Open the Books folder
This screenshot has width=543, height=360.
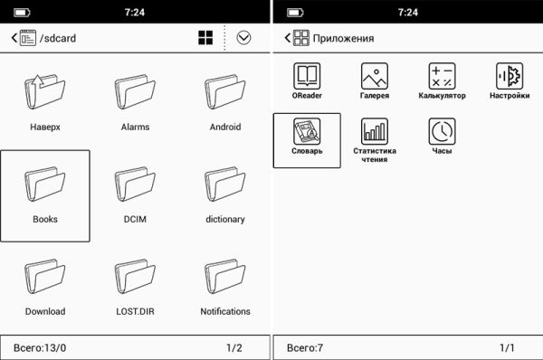coord(44,185)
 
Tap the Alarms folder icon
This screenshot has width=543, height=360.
coord(135,91)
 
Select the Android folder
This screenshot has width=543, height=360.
coord(225,91)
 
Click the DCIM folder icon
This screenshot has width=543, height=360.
coord(135,185)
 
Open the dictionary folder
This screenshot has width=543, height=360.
coord(225,185)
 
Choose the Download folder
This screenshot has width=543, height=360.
coord(44,277)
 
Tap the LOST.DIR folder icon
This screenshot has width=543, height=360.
coord(135,277)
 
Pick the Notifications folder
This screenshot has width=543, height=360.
coord(225,277)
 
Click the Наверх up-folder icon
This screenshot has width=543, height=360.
coord(44,91)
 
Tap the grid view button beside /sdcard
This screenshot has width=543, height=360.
coord(205,38)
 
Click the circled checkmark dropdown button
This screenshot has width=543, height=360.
coord(243,38)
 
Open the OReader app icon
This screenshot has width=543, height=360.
coord(307,76)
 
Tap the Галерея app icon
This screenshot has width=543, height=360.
coord(375,76)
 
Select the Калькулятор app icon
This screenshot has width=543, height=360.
coord(442,76)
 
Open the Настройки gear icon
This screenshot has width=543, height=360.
coord(510,76)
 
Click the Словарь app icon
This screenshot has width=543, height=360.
coord(307,131)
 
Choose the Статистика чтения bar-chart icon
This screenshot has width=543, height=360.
coord(375,131)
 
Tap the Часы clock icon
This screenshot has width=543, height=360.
coord(442,131)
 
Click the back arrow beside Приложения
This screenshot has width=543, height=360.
coord(287,38)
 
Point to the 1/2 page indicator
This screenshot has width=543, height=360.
coord(234,347)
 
